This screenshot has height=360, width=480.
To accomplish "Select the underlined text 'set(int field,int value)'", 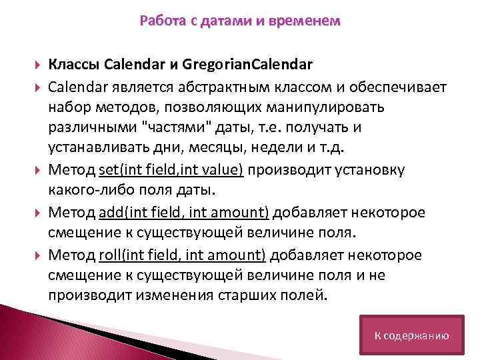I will point(173,171).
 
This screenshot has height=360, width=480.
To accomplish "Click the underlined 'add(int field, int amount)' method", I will point(183,213).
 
